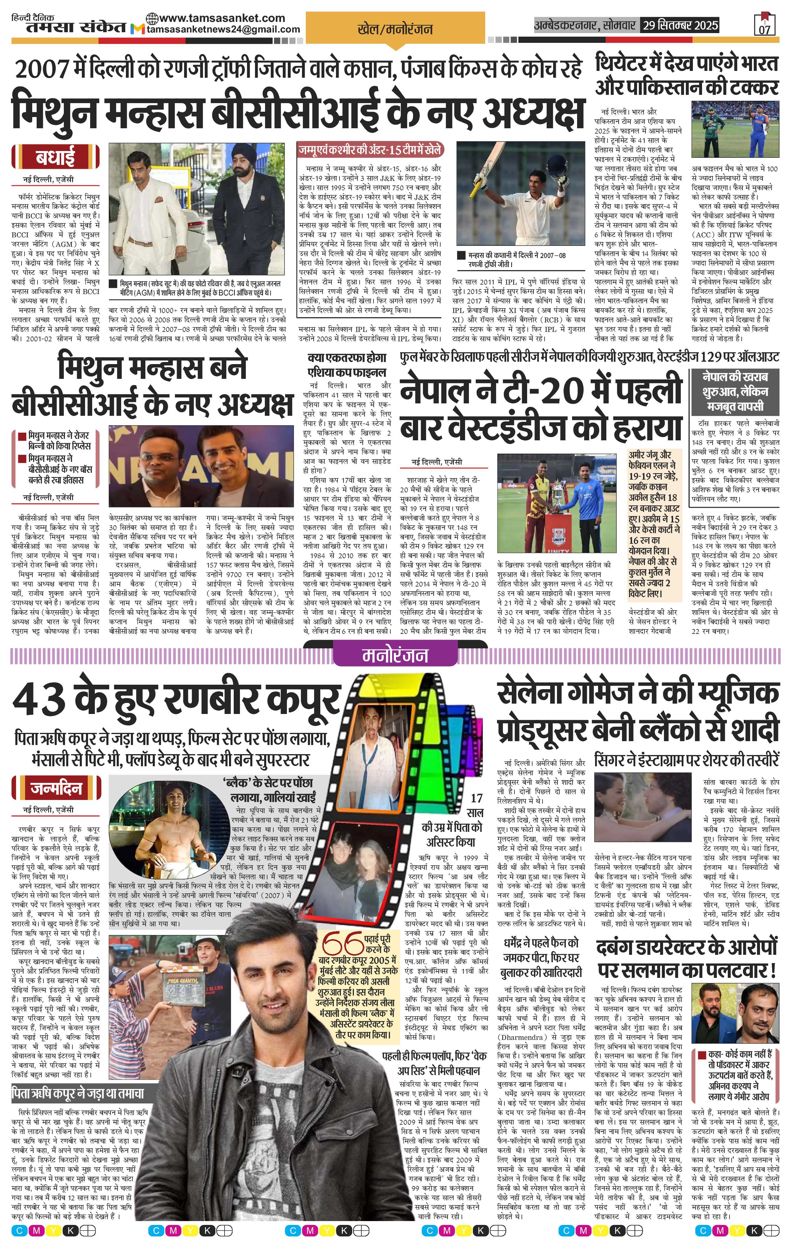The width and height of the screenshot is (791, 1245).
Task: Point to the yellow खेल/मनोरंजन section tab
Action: click(395, 30)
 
